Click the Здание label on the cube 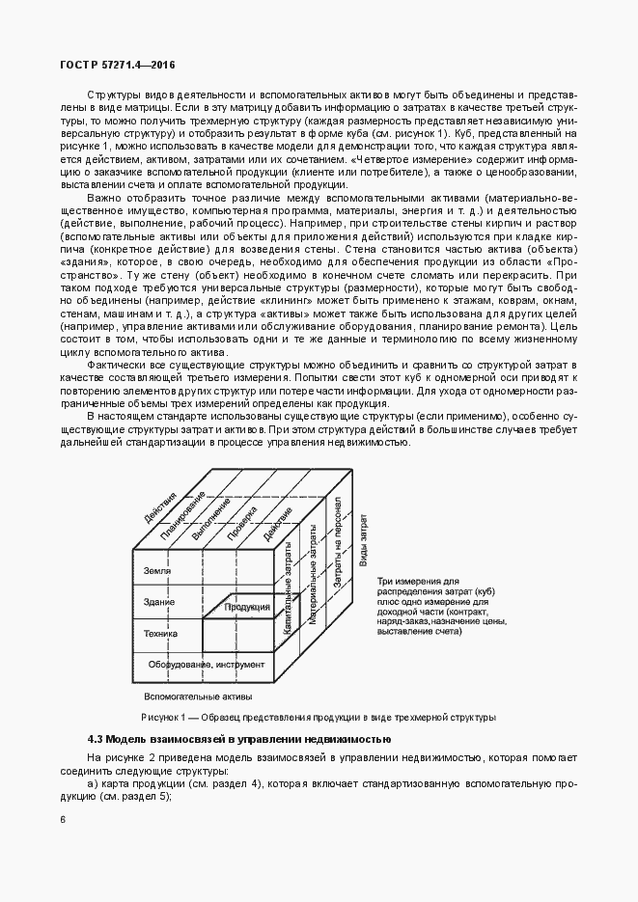[158, 604]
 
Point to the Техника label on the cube [160, 635]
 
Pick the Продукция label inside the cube [247, 607]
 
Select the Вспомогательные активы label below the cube [198, 696]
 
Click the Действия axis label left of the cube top [160, 505]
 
